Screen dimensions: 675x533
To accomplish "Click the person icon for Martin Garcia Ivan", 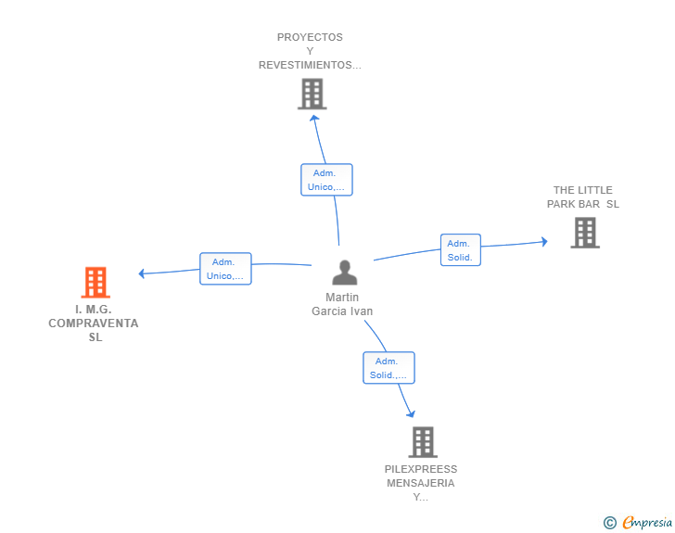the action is coord(344,273).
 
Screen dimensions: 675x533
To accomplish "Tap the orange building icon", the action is coord(96,283).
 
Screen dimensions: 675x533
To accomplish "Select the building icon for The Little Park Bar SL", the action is coord(585,233).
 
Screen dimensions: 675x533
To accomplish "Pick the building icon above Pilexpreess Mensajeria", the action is coord(423,442).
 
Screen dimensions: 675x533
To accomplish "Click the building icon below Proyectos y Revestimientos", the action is coord(312,94).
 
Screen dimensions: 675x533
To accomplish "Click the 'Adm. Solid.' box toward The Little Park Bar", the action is coord(460,250).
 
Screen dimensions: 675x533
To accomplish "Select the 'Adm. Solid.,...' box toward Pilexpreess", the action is coord(388,368).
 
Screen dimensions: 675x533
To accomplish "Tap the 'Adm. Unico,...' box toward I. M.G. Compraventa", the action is coord(225,269).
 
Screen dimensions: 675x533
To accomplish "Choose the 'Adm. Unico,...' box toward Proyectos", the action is coord(326,180).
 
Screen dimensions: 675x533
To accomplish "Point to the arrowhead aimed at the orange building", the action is coord(141,273).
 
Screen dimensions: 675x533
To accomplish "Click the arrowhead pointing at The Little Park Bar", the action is coord(544,242).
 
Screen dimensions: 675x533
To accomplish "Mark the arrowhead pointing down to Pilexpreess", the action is coord(411,413).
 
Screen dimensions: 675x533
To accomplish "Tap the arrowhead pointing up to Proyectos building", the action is coord(314,118).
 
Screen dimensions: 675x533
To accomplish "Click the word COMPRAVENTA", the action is coord(94,324).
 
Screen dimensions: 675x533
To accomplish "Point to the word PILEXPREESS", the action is coord(421,469).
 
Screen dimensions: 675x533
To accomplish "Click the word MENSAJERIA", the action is coord(421,483).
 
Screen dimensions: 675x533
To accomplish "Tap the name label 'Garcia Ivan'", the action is coord(342,311).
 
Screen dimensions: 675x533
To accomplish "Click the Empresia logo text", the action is coord(647,522).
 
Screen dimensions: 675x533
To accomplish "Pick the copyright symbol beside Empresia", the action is coord(610,523).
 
